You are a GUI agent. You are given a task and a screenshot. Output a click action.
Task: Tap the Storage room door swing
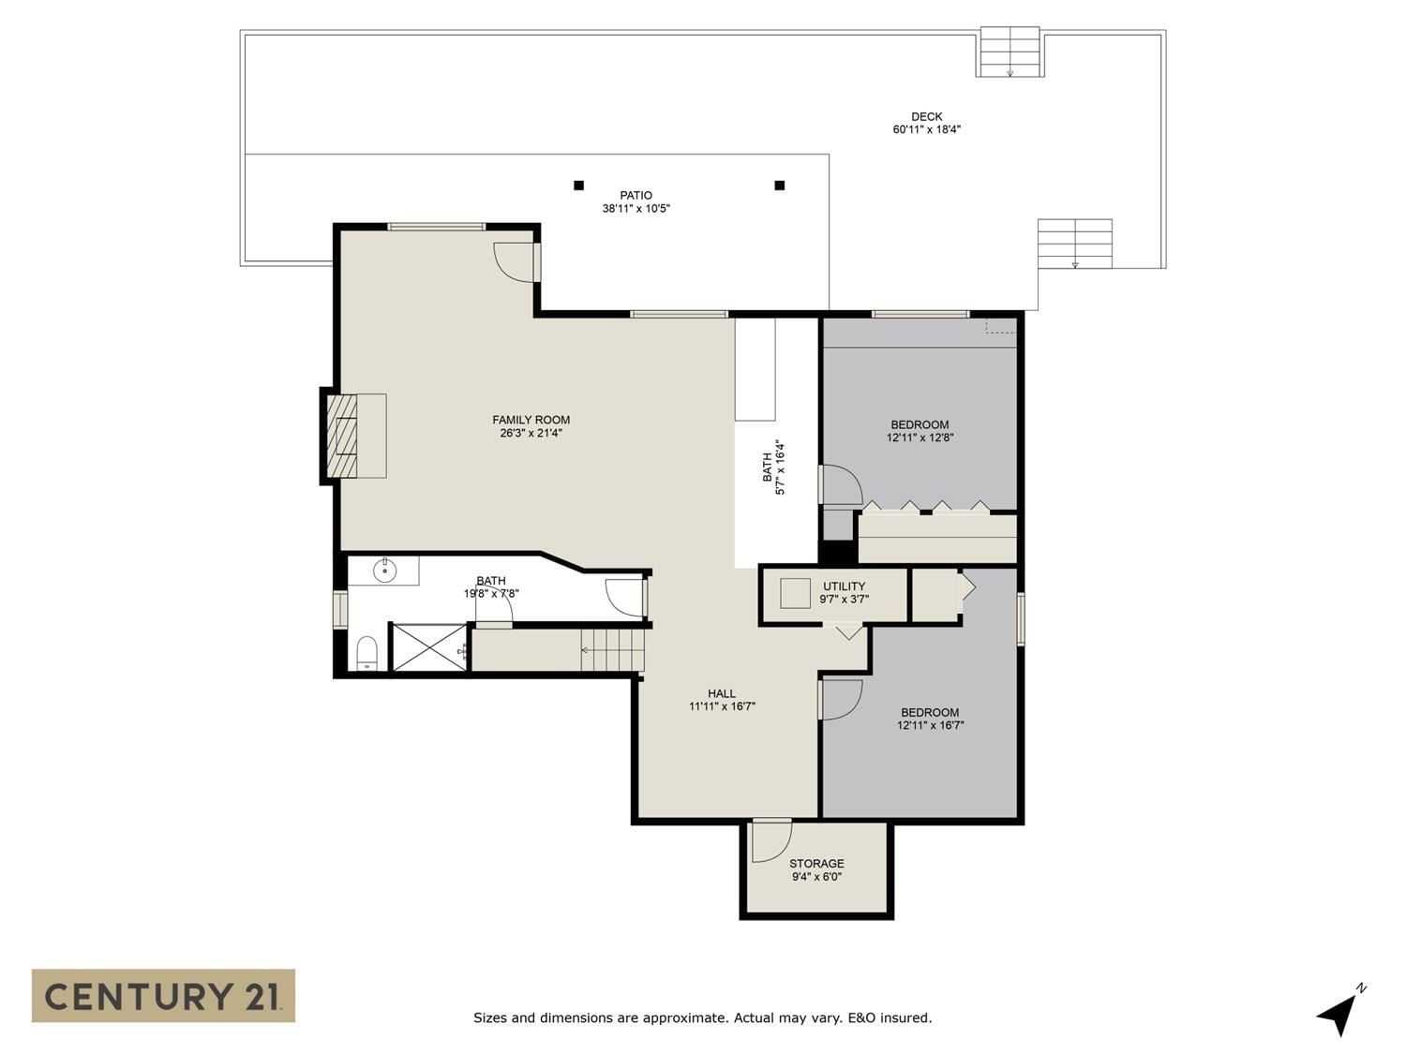click(x=771, y=840)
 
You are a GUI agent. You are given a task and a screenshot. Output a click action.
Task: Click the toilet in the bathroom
click(x=367, y=653)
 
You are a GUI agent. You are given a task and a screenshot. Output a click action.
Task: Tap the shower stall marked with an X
click(x=429, y=647)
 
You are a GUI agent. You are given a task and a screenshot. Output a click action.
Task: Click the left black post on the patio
click(x=578, y=186)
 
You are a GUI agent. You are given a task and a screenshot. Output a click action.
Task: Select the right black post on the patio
click(x=780, y=186)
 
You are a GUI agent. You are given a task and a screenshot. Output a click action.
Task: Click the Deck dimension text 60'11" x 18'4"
click(x=927, y=129)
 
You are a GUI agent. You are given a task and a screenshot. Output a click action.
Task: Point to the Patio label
click(x=636, y=195)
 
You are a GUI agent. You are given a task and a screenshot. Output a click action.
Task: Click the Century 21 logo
click(x=163, y=996)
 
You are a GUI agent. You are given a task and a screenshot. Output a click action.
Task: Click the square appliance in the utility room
click(x=796, y=593)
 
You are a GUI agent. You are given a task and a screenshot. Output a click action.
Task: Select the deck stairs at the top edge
click(x=1010, y=52)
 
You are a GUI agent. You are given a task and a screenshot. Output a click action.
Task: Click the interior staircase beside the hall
click(x=612, y=649)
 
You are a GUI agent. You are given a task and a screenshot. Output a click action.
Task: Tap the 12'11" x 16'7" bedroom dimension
click(x=930, y=725)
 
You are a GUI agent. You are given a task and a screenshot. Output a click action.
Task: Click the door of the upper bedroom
click(x=841, y=485)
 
